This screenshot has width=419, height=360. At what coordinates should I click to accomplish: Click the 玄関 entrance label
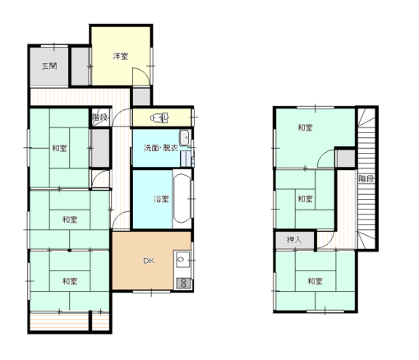pyautogui.click(x=49, y=66)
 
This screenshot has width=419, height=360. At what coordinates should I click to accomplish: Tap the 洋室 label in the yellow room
pyautogui.click(x=121, y=56)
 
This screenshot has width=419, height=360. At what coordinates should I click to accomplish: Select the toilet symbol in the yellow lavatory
pyautogui.click(x=159, y=118)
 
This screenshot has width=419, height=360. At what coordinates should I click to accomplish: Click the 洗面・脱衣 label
pyautogui.click(x=161, y=148)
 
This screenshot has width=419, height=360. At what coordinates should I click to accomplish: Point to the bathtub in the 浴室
pyautogui.click(x=182, y=199)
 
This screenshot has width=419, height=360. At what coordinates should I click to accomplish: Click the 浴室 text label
pyautogui.click(x=161, y=199)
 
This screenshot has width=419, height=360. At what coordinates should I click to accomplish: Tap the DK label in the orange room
pyautogui.click(x=149, y=261)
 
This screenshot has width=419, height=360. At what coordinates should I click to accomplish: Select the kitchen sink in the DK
pyautogui.click(x=182, y=259)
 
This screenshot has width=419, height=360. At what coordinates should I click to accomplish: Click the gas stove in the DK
pyautogui.click(x=183, y=283)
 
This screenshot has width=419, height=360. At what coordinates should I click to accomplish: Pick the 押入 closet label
pyautogui.click(x=294, y=240)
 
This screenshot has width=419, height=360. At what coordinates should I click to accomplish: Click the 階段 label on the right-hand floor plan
pyautogui.click(x=366, y=179)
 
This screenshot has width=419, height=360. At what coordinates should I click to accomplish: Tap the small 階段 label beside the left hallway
pyautogui.click(x=99, y=118)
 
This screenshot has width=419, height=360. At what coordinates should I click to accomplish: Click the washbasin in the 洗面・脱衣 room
pyautogui.click(x=185, y=137)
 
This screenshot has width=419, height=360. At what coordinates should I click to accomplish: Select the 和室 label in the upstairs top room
pyautogui.click(x=305, y=127)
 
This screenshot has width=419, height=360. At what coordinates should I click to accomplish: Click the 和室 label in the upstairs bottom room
pyautogui.click(x=315, y=281)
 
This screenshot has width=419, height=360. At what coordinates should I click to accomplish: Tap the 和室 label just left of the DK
pyautogui.click(x=70, y=281)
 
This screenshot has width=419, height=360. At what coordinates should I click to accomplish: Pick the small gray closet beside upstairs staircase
pyautogui.click(x=346, y=159)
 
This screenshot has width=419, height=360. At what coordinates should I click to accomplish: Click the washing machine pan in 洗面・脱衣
pyautogui.click(x=186, y=159)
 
